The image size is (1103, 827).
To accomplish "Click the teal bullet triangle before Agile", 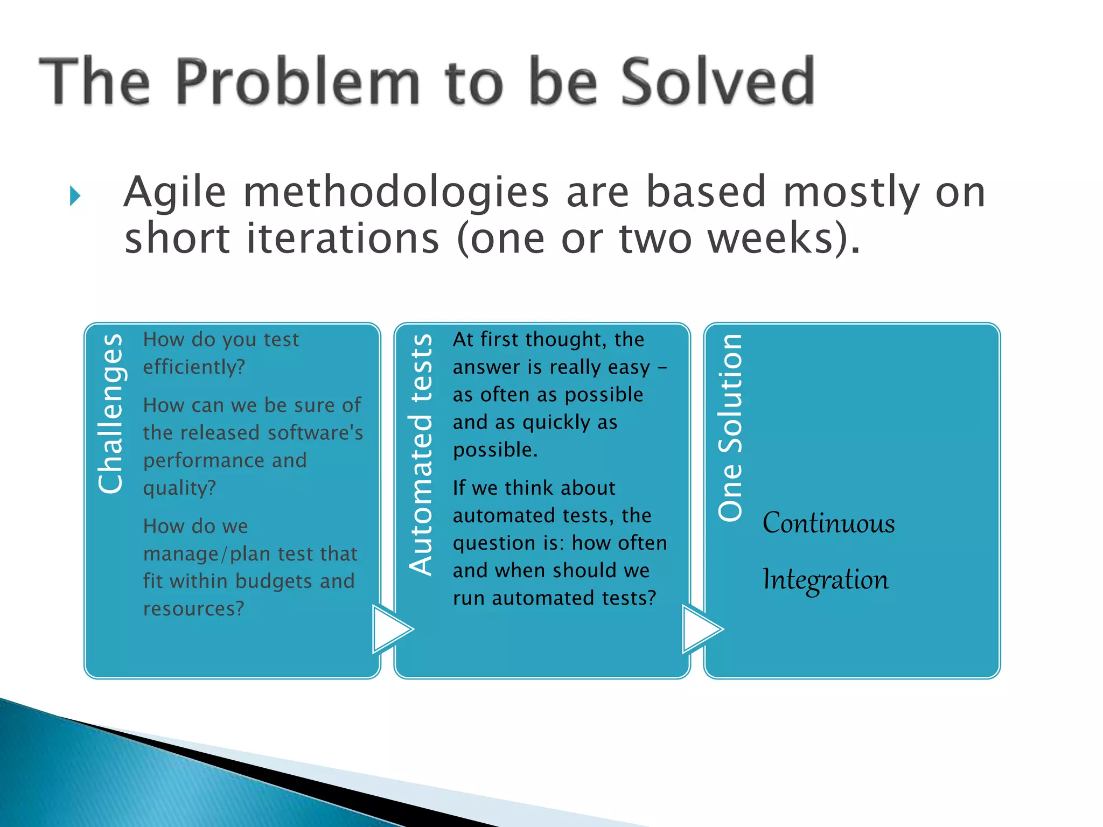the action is (75, 196).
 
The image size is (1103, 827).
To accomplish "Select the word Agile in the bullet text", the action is (174, 193).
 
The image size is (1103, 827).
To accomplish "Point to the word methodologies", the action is (396, 193).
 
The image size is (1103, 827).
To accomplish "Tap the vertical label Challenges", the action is (111, 413).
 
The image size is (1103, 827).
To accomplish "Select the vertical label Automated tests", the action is (421, 455).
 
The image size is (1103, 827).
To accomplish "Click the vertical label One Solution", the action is (730, 427).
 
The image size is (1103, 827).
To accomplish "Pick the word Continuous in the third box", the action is (828, 523).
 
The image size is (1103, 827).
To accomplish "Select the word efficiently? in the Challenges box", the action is (194, 367).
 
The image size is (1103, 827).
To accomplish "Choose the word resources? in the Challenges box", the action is (193, 609).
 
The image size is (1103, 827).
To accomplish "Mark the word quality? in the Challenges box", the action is (179, 488).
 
